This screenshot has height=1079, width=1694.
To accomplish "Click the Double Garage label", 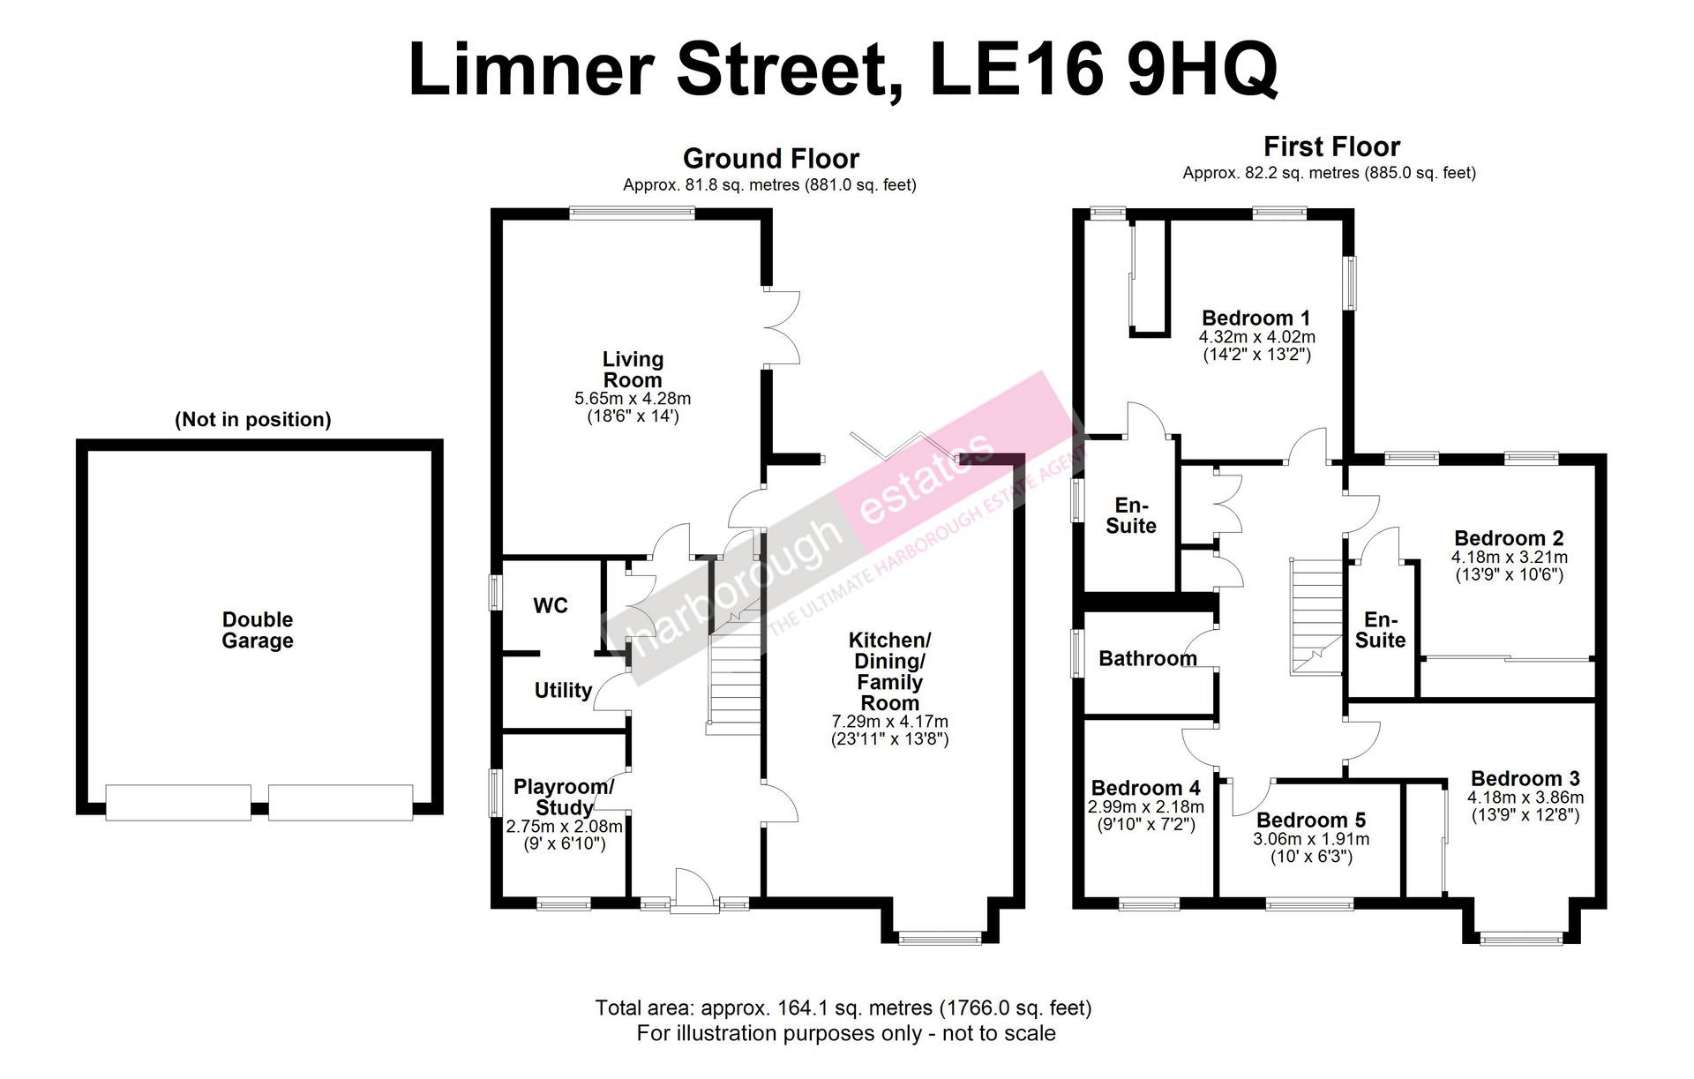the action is [x=257, y=630].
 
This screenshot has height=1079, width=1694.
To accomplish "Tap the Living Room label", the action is [x=633, y=370].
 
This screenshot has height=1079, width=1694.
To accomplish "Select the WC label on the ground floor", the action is [x=551, y=606].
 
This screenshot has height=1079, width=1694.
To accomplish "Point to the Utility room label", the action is [x=563, y=690].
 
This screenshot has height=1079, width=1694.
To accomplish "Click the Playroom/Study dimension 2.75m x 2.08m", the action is [x=564, y=828].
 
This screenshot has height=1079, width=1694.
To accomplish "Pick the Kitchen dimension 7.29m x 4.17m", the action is [x=889, y=722].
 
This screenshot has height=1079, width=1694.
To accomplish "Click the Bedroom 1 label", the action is [x=1256, y=318].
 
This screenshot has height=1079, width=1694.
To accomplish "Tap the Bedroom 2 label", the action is [x=1509, y=538].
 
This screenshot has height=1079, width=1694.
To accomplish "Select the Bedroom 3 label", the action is [x=1525, y=778].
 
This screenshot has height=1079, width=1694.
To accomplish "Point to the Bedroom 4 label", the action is [x=1145, y=788].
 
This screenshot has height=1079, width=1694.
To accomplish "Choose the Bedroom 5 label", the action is [x=1311, y=820].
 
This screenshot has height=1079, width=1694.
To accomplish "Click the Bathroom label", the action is [x=1148, y=658].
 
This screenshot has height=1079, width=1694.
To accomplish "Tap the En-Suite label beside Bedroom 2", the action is [x=1381, y=630].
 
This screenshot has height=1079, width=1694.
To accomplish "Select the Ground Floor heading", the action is [x=770, y=159].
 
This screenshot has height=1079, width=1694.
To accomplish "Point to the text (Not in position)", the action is [x=253, y=420].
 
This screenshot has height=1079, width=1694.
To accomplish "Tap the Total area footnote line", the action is [x=843, y=1008].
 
